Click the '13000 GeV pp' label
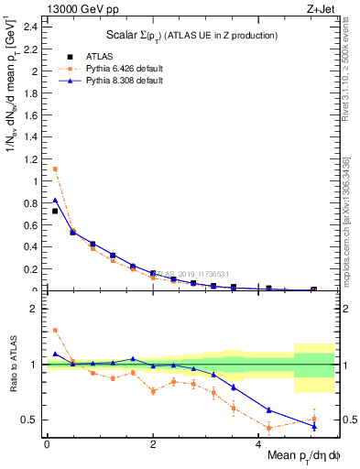pyautogui.click(x=80, y=10)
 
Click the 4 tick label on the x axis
pyautogui.click(x=260, y=442)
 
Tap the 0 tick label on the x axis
pyautogui.click(x=47, y=442)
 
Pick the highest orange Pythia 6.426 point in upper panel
pyautogui.click(x=55, y=169)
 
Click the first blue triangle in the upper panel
pyautogui.click(x=55, y=200)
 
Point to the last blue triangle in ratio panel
pyautogui.click(x=313, y=426)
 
